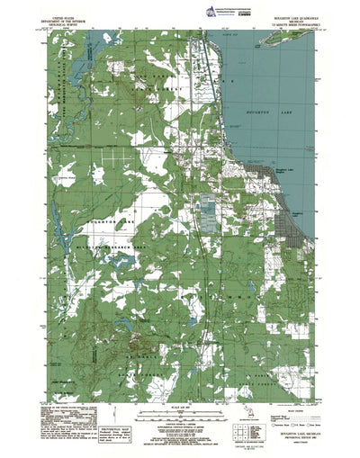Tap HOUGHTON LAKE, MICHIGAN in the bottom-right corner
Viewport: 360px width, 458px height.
tap(286, 433)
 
